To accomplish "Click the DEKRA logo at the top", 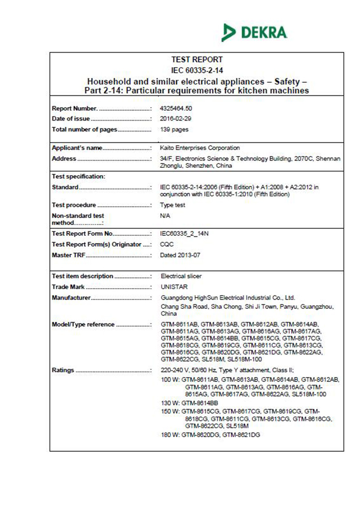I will tap(255, 32).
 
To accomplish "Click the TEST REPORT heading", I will tap(197, 59).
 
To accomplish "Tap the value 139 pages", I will tap(174, 130).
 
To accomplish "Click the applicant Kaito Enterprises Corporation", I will tap(200, 148).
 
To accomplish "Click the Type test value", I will tap(172, 205).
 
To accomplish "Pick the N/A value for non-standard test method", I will tap(165, 216).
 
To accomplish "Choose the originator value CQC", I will tap(166, 244).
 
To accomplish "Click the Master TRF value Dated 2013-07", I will tap(180, 255).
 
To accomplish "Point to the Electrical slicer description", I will tap(181, 276).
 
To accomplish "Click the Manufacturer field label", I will tap(71, 298).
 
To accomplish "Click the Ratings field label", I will tap(63, 370).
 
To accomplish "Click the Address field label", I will tap(64, 158).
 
